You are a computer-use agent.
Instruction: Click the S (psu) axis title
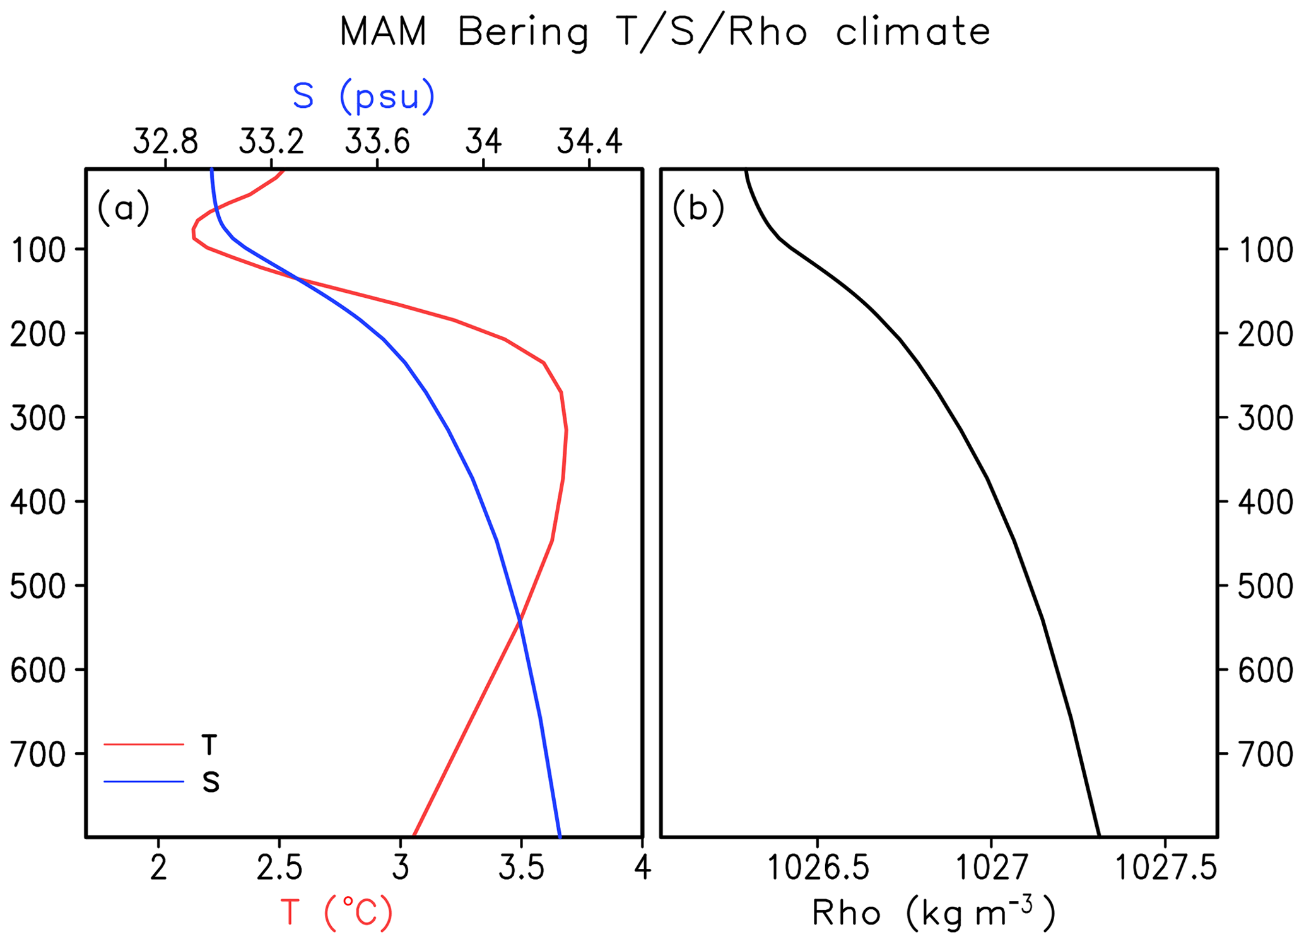pos(363,97)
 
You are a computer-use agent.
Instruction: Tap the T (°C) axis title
pos(336,912)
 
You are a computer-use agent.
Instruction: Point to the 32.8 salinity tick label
pos(165,142)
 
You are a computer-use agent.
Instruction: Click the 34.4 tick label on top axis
pos(589,142)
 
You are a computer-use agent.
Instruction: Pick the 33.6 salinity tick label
pos(377,142)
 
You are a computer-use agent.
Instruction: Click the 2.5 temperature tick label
pos(279,869)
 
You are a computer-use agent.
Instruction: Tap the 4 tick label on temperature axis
pos(642,869)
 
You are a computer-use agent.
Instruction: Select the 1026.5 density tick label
pos(818,869)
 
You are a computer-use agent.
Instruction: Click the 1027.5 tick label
pos(1165,869)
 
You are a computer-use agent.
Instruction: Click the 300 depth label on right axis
pos(1266,418)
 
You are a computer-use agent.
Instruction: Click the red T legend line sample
pos(144,745)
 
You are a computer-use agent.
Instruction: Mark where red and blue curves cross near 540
pos(519,622)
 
